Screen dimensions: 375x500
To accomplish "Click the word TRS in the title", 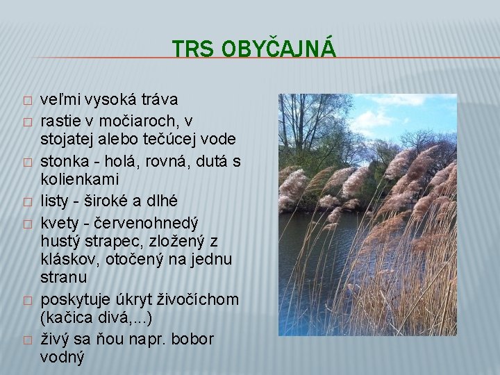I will (186, 49).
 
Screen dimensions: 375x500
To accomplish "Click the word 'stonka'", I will (64, 162).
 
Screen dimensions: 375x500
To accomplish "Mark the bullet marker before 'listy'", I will (26, 201).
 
